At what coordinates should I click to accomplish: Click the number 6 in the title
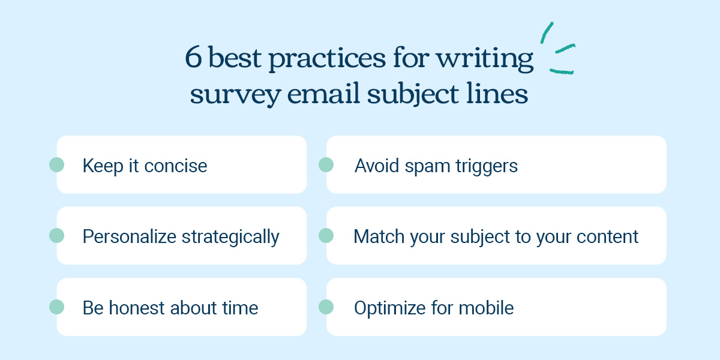click(193, 57)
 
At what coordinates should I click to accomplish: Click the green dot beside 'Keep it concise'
click(56, 164)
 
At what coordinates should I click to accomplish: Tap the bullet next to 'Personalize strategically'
click(56, 236)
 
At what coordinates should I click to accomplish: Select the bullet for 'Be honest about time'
click(56, 307)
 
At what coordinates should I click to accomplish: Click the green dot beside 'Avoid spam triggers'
click(326, 164)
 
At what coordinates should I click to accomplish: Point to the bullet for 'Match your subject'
click(326, 236)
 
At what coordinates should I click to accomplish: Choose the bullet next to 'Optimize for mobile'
click(326, 307)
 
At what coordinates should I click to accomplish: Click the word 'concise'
click(175, 166)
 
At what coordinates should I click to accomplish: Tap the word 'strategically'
click(230, 237)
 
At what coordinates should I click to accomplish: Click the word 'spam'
click(427, 167)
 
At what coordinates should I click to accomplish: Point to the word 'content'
click(607, 237)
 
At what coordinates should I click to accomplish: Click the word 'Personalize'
click(129, 236)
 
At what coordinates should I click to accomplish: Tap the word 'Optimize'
click(389, 308)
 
